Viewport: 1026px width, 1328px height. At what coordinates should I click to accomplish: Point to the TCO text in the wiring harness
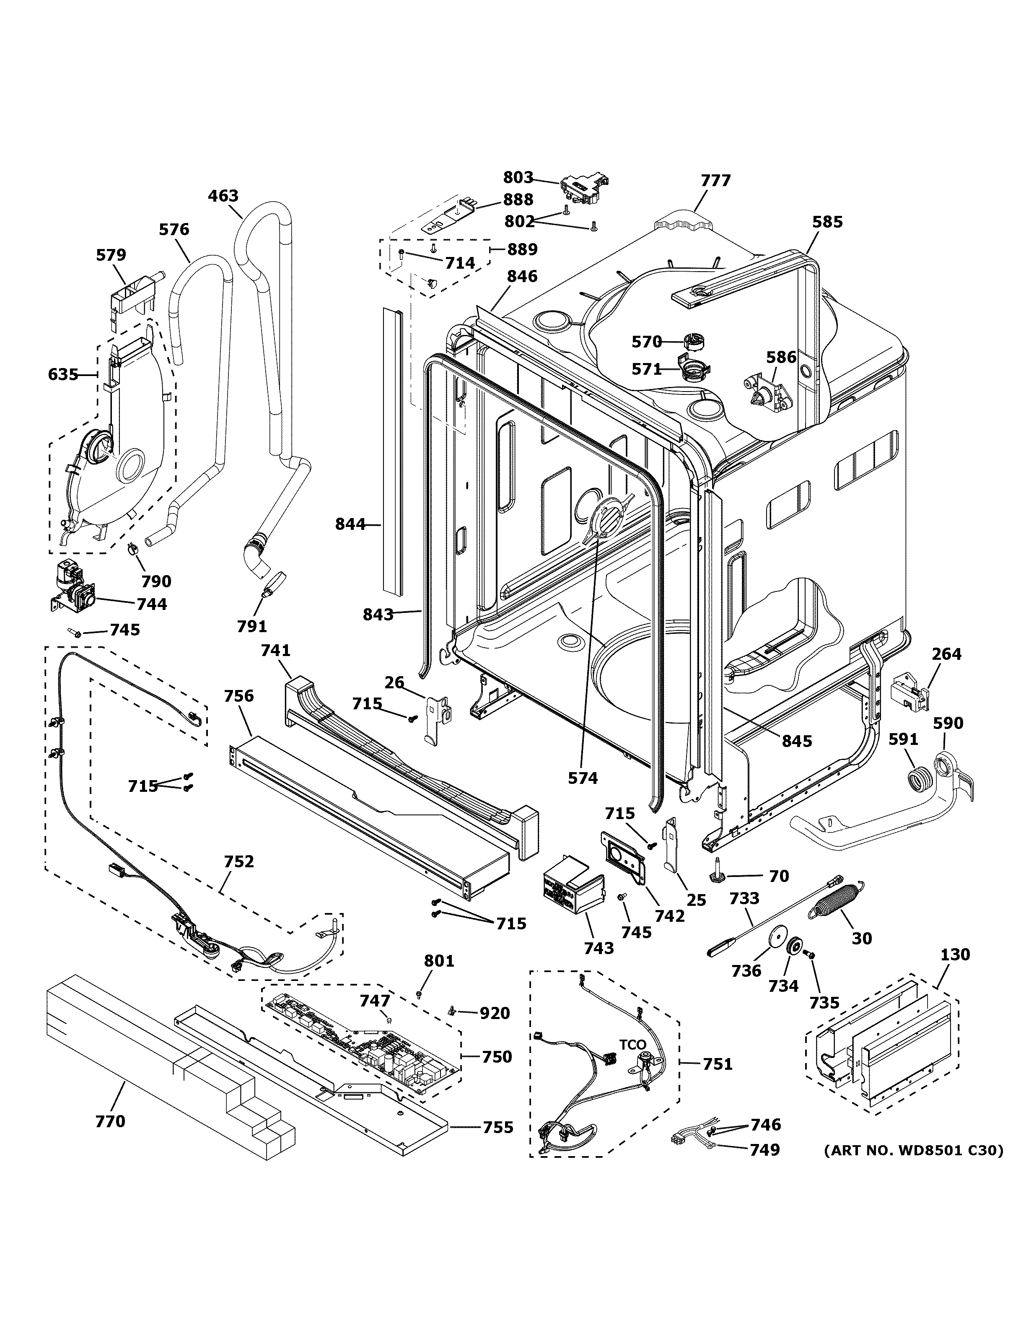[632, 1045]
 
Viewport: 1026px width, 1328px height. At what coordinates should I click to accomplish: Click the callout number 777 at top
[715, 181]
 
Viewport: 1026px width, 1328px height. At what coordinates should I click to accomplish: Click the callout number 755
[498, 1127]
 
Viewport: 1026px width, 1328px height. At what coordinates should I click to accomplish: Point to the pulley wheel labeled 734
[794, 947]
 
